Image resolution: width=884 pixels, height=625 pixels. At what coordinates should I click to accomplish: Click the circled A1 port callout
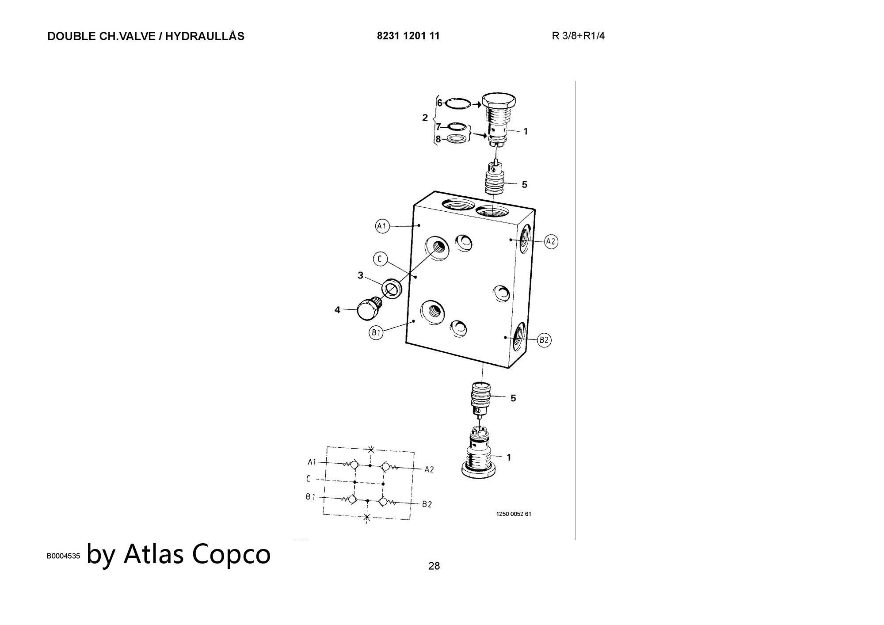(x=382, y=227)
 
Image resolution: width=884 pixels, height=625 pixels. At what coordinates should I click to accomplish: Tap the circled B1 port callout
(x=376, y=333)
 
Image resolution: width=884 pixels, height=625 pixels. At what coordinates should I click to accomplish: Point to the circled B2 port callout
(x=544, y=340)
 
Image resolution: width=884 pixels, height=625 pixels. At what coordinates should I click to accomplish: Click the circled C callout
(x=380, y=259)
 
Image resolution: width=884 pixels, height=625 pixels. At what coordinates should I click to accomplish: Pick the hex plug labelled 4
(x=367, y=309)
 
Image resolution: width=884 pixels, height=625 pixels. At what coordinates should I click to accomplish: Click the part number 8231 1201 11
(x=408, y=36)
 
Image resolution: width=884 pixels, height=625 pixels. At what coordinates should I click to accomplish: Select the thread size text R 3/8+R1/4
(x=578, y=36)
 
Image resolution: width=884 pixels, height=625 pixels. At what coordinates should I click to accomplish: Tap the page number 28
(x=434, y=566)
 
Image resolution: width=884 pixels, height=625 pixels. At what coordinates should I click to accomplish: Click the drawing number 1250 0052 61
(x=514, y=514)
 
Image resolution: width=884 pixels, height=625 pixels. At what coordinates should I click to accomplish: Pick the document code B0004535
(x=64, y=556)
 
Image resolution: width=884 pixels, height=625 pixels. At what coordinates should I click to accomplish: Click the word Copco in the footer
(x=232, y=553)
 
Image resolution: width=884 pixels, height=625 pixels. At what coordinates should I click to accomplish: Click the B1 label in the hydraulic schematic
(x=311, y=497)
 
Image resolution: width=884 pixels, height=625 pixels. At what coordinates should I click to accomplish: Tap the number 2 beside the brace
(x=425, y=118)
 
